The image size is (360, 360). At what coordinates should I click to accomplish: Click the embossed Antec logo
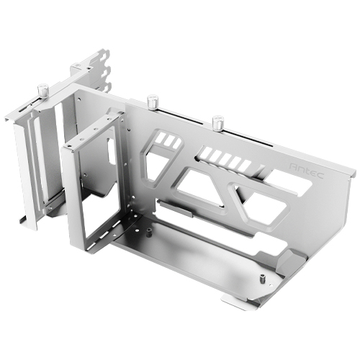(x=307, y=171)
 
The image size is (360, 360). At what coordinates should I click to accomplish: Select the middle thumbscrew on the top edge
(x=153, y=102)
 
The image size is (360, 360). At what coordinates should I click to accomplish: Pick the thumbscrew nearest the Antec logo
(x=218, y=122)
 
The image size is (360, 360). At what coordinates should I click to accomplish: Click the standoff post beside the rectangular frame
(x=148, y=232)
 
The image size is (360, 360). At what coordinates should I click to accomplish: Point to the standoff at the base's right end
(x=263, y=279)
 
